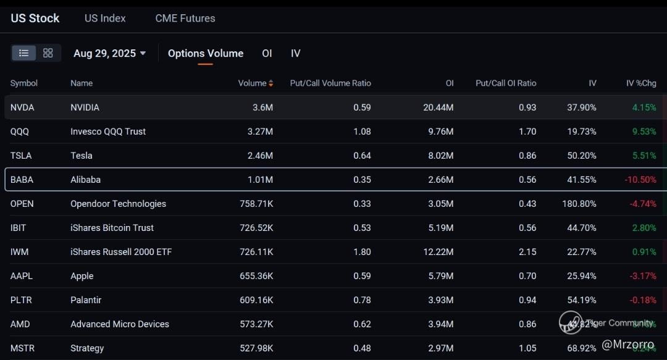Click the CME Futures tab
(185, 19)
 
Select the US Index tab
(105, 19)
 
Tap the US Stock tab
(35, 19)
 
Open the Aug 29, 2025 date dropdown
(110, 53)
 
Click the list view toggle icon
(24, 53)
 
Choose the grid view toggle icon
(48, 53)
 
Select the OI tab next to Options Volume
(267, 53)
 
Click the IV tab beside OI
(296, 53)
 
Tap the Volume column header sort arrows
(271, 83)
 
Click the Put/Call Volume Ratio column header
(330, 83)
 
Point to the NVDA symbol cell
(22, 107)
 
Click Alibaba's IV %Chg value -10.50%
(640, 180)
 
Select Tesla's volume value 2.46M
(259, 156)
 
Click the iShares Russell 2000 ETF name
(121, 252)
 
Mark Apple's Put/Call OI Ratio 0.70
(527, 276)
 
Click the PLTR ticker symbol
(21, 300)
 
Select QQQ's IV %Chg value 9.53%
(644, 132)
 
